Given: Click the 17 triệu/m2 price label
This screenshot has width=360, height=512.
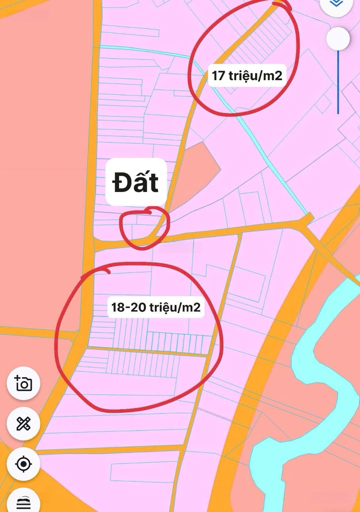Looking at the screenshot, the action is click(247, 75).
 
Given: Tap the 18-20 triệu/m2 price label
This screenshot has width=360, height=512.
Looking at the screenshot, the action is click(156, 307).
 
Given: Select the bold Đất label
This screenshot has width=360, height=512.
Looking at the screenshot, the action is click(136, 182).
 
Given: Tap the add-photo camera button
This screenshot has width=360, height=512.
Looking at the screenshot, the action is click(23, 383).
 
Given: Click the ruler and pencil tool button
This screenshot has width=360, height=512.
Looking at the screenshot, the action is click(23, 423).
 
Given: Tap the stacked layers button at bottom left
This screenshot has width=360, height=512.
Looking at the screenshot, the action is click(23, 502).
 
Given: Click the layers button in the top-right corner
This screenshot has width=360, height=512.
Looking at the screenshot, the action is click(336, 4).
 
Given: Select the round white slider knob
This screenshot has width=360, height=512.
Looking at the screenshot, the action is click(339, 39).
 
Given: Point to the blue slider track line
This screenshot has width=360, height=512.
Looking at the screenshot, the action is click(338, 85).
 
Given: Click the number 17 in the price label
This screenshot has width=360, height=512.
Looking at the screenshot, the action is click(218, 75).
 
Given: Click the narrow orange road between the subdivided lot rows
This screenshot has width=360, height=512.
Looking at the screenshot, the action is click(147, 351).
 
